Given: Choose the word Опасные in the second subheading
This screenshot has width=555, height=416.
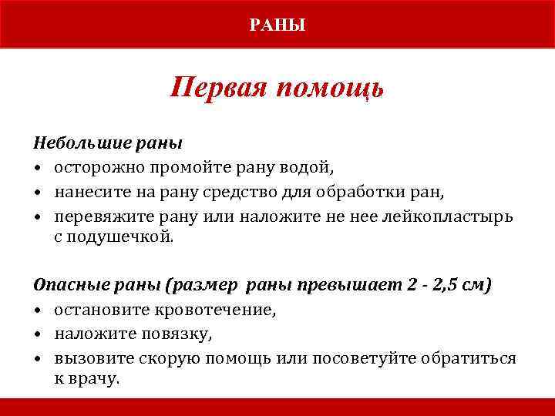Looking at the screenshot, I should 65,286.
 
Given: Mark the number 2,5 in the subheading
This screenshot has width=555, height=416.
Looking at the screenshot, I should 447,286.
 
